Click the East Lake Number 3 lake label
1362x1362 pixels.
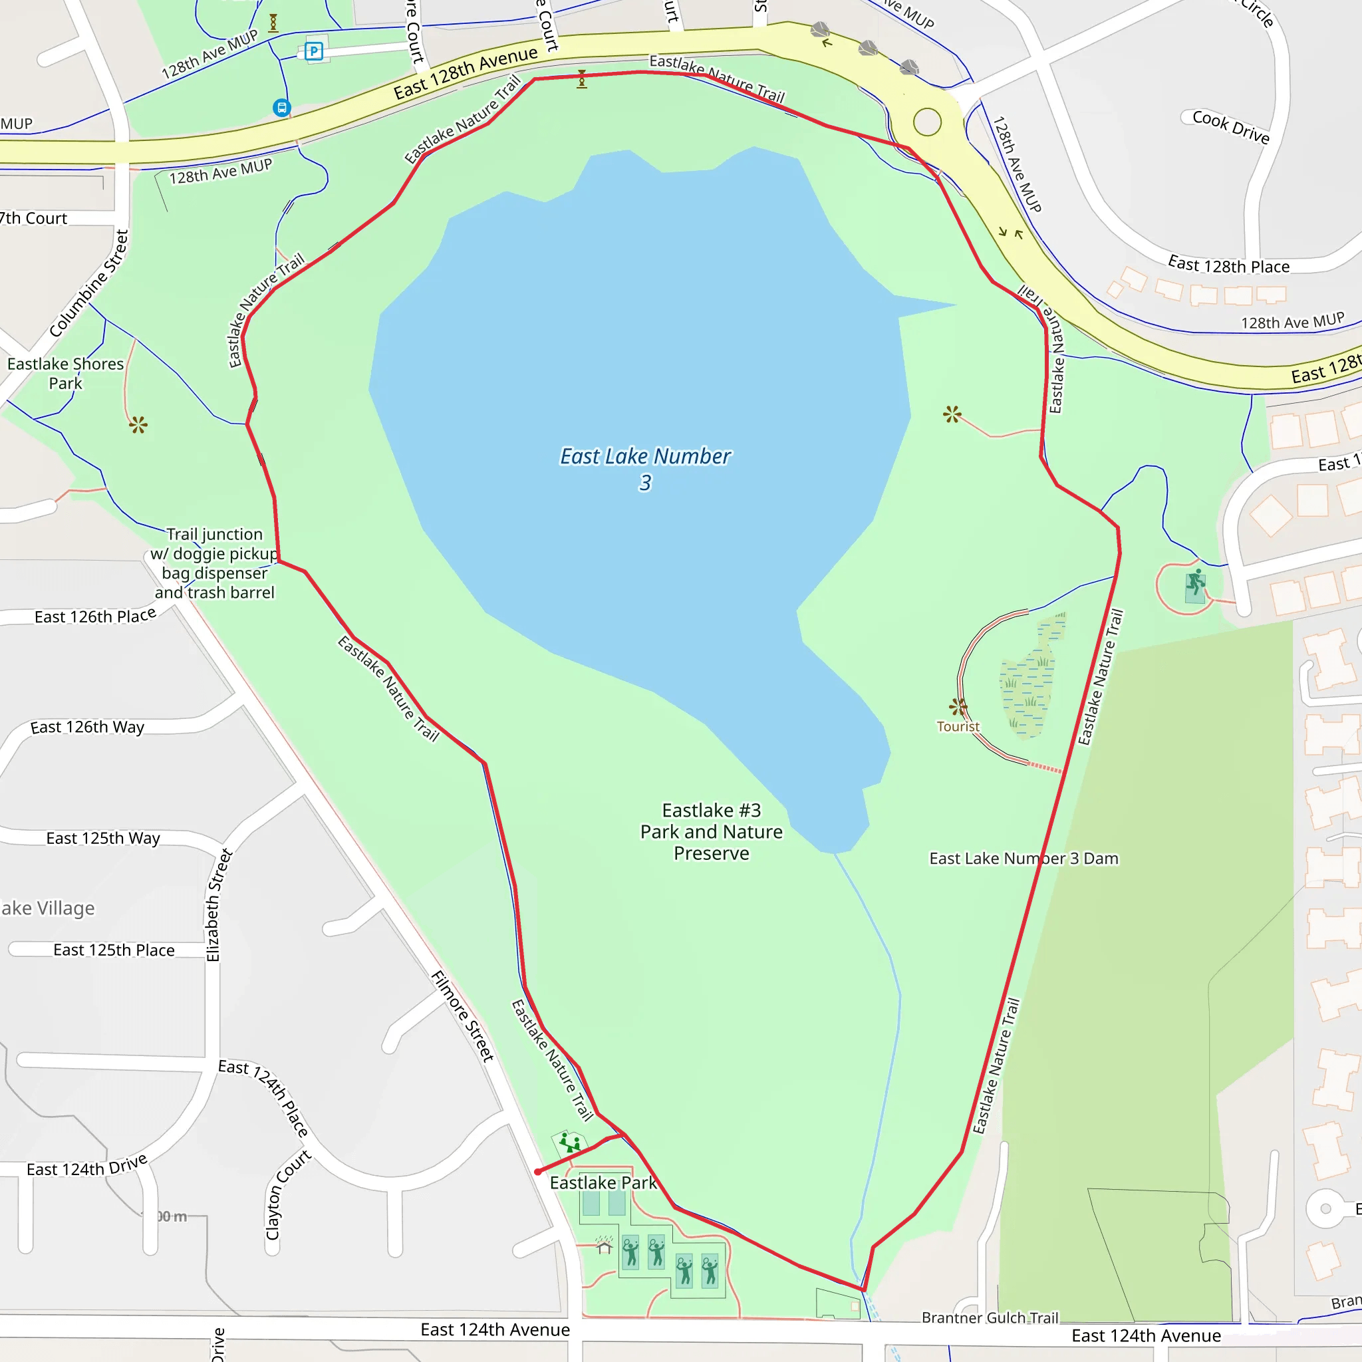coord(645,469)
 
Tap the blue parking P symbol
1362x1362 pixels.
coord(314,51)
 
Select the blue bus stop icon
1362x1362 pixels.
coord(282,108)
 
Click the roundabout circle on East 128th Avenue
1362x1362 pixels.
coord(927,122)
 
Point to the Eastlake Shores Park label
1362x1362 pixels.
coord(66,374)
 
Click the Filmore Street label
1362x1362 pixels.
coord(462,1016)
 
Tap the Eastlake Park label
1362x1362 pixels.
coord(603,1182)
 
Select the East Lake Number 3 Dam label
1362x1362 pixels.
coord(1023,858)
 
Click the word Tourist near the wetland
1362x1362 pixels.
coord(958,726)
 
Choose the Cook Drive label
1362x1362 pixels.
coord(1231,127)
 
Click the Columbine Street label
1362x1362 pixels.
coord(90,283)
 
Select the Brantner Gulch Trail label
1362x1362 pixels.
coord(990,1317)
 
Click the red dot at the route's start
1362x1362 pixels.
coord(538,1172)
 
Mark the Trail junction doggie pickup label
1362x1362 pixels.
coord(215,563)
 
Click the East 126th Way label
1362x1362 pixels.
coord(87,727)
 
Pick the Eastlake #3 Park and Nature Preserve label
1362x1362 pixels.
coord(712,831)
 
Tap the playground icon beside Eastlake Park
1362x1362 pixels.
coord(569,1142)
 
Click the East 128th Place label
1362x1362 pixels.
coord(1229,266)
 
